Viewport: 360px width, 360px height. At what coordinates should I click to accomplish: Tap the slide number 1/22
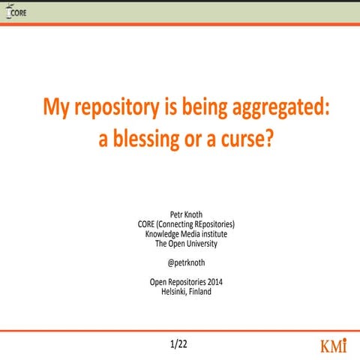point(180,345)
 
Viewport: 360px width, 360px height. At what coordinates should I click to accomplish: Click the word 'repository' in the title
point(111,110)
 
